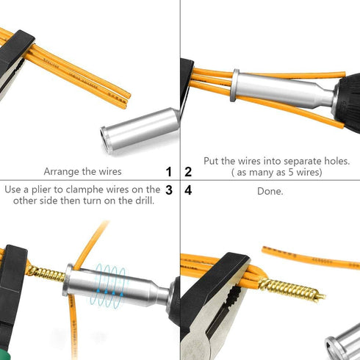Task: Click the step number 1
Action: tap(169, 172)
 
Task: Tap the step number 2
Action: tap(188, 172)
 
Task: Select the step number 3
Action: tap(169, 190)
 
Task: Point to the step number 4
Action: tap(188, 190)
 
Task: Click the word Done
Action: tap(270, 191)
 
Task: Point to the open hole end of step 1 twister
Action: tap(107, 134)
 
